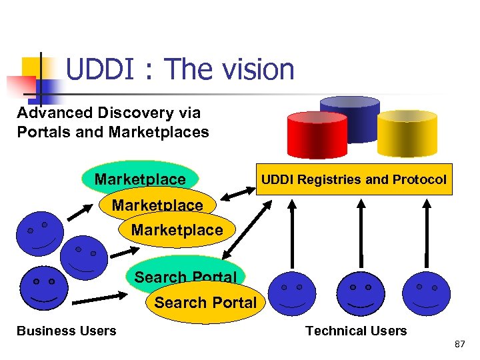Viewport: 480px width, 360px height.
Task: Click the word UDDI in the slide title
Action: pos(105,69)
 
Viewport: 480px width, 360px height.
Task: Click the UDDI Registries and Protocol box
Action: pos(354,179)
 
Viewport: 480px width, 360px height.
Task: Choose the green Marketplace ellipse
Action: pos(140,178)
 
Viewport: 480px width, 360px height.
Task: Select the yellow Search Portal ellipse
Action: pos(205,303)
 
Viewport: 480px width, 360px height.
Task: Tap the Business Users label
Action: pos(66,331)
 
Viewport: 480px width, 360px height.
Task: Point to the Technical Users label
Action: pos(356,331)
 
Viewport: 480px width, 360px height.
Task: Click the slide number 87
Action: pos(459,345)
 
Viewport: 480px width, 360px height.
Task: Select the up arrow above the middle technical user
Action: pos(361,233)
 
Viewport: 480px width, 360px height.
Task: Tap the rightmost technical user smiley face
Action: pos(427,293)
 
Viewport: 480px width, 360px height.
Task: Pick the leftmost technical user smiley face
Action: pos(293,294)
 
